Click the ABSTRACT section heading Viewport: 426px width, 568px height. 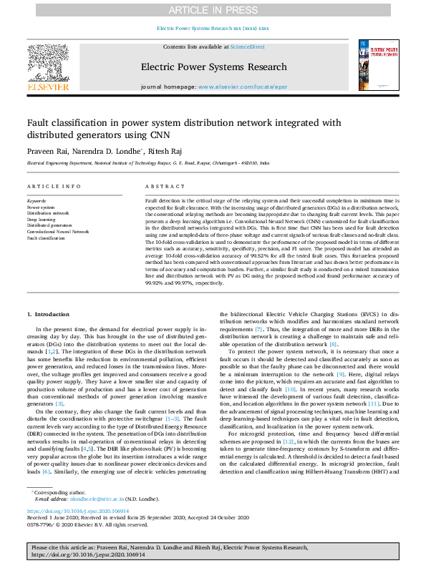160,187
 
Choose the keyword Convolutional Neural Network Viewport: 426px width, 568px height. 58,232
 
